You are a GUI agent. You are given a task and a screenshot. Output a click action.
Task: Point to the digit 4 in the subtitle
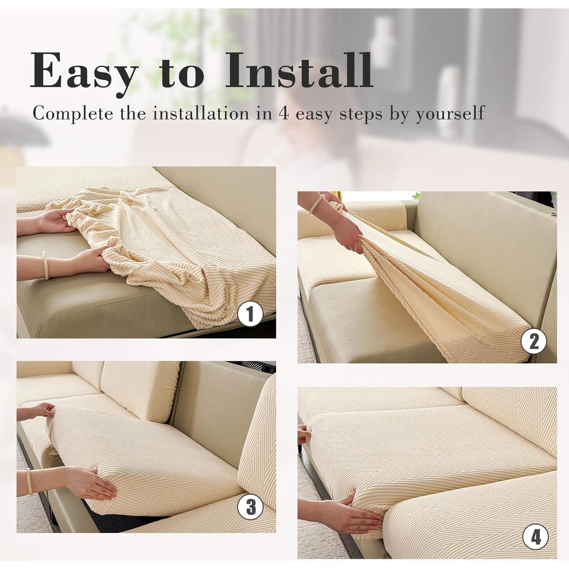(283, 113)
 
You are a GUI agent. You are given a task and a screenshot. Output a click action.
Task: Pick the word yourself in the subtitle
(450, 113)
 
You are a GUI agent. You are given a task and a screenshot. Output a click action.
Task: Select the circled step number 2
(534, 341)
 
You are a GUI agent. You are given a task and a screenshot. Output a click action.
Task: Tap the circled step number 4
(536, 537)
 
